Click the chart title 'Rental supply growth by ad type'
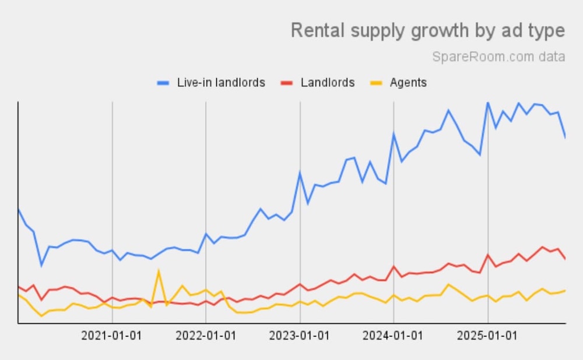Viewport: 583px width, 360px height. (x=427, y=30)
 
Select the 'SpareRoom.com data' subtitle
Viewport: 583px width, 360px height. (x=498, y=57)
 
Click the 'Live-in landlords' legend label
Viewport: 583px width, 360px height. (x=221, y=83)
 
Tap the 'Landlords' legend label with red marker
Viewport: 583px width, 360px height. (x=328, y=83)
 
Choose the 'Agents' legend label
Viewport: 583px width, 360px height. (x=408, y=83)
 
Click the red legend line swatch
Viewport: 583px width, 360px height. (x=287, y=83)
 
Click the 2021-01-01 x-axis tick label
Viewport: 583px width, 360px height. (x=111, y=336)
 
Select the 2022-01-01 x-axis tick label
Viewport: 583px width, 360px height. (x=206, y=336)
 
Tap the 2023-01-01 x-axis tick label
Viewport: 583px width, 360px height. (x=300, y=336)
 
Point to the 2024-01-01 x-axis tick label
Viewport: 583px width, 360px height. (x=394, y=336)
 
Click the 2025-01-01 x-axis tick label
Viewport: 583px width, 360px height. (x=487, y=336)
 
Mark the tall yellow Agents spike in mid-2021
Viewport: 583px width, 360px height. (x=159, y=270)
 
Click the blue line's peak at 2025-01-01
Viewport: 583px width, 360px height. (x=487, y=103)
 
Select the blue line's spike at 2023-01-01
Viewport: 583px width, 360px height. (x=300, y=172)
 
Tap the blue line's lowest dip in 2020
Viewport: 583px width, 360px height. (x=41, y=265)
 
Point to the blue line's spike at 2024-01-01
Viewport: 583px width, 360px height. (x=394, y=133)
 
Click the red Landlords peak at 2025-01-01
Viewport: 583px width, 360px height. (x=487, y=255)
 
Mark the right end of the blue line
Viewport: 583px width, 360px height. (x=565, y=137)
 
